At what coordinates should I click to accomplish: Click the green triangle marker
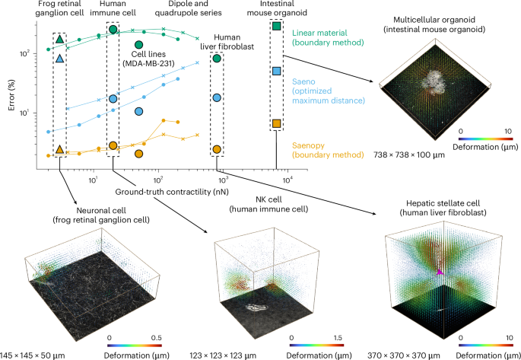[x=59, y=39]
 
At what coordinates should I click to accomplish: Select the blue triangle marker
[x=59, y=58]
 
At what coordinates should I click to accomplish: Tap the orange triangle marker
[x=59, y=149]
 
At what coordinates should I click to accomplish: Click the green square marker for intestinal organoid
[x=276, y=26]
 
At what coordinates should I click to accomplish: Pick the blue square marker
[x=276, y=71]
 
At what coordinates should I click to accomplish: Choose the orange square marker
[x=276, y=123]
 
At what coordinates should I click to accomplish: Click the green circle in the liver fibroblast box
[x=217, y=58]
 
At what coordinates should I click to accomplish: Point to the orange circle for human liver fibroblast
[x=217, y=149]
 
